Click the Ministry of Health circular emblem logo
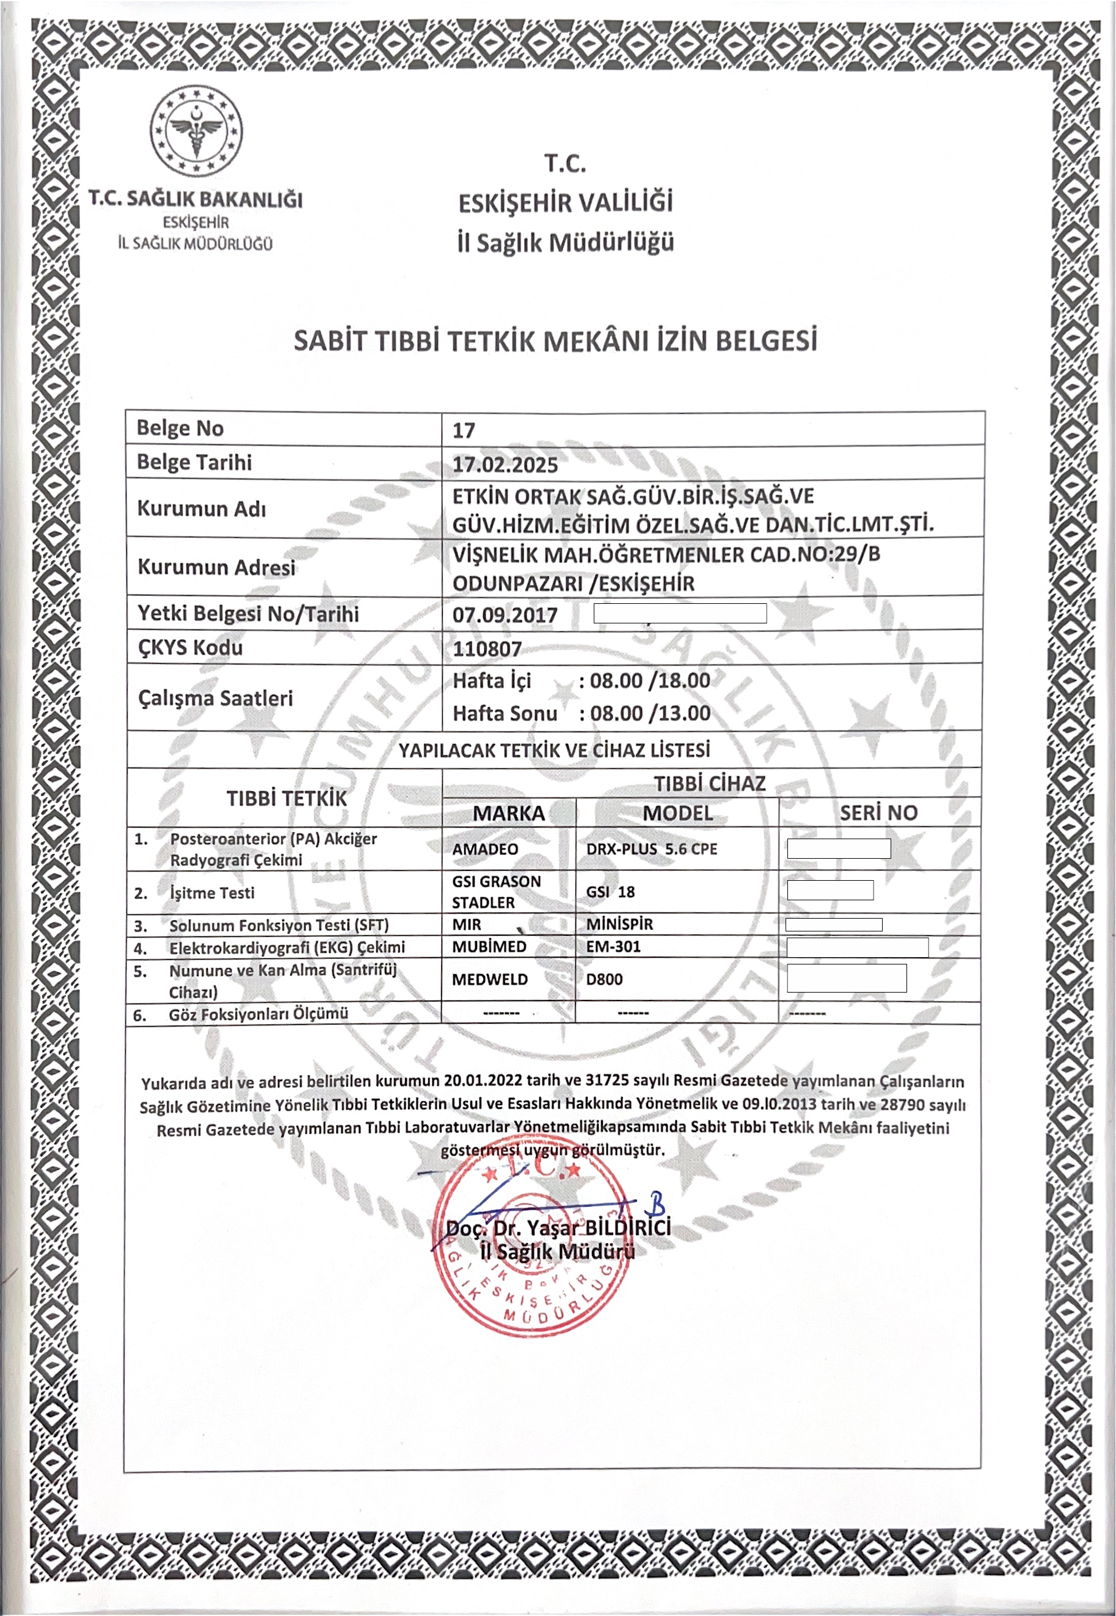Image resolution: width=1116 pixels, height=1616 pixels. [197, 131]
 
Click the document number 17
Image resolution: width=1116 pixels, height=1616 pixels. [464, 430]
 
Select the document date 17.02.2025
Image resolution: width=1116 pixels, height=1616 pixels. [505, 465]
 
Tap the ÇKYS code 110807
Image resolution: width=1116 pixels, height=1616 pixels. [487, 648]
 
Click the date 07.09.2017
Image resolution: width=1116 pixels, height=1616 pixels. [505, 615]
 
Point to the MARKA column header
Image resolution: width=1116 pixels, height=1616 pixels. [508, 813]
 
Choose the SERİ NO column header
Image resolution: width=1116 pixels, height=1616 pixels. [878, 812]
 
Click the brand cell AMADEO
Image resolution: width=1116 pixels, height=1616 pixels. [485, 848]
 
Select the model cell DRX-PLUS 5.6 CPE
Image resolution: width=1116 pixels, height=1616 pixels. [652, 848]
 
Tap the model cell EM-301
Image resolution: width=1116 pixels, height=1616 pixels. [613, 947]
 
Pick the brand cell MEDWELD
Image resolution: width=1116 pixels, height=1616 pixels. [489, 979]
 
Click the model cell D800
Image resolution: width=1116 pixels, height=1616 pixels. [604, 979]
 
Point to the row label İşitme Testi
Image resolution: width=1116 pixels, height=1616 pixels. [212, 892]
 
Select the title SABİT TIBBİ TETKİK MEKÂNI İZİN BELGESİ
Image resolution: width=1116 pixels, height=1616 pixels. [555, 340]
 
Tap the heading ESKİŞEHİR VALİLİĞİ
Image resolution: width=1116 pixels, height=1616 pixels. [565, 203]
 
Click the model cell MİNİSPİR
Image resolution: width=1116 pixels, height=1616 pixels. [619, 924]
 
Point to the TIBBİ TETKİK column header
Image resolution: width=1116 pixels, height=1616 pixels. [286, 798]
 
